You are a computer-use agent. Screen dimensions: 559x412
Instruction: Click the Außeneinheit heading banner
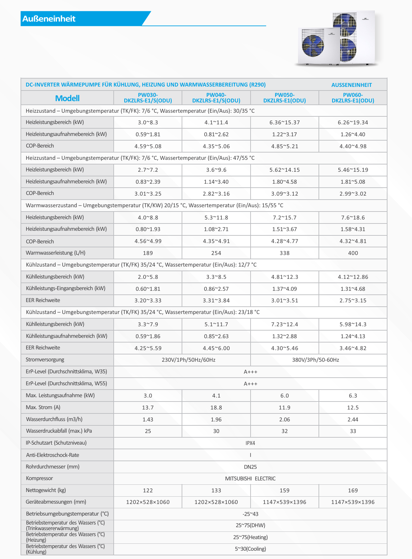point(49,19)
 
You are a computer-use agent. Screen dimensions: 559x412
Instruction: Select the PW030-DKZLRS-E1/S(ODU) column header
point(148,98)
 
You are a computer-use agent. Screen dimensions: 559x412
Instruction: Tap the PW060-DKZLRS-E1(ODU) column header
point(353,98)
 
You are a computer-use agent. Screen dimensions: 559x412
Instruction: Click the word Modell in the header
point(67,98)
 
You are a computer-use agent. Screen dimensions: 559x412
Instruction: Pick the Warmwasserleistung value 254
point(216,253)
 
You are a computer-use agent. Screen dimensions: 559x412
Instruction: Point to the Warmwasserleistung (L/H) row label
point(56,253)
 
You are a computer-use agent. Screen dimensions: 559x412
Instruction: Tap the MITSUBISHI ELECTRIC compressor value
point(250,478)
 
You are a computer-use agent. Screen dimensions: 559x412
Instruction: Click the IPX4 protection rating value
point(250,443)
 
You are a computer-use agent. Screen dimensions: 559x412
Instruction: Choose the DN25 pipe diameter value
point(250,467)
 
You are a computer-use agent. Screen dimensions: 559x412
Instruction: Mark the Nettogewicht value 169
point(353,490)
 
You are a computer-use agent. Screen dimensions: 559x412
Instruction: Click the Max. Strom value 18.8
point(216,407)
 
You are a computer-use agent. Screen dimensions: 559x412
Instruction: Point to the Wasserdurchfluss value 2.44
point(353,419)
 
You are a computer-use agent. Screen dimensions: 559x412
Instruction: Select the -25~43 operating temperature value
point(250,514)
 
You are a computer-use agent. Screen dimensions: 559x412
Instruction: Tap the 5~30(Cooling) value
point(250,549)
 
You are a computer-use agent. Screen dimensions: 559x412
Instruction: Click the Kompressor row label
point(39,478)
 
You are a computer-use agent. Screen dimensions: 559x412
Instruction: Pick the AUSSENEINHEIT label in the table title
point(351,85)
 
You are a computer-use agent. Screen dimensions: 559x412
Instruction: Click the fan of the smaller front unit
point(313,45)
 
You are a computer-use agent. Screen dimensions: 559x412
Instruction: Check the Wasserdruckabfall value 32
point(284,431)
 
